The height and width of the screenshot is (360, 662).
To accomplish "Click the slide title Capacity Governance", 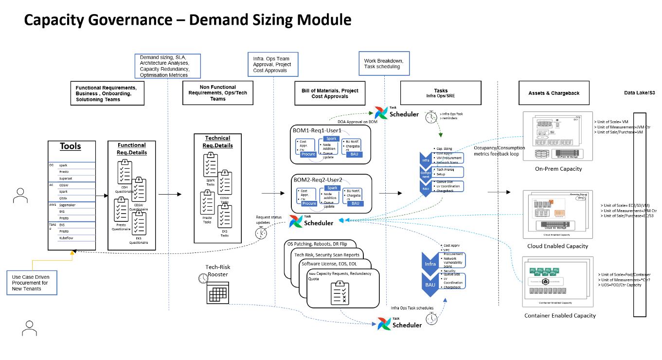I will pyautogui.click(x=187, y=20).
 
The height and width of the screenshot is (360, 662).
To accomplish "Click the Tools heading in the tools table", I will pyautogui.click(x=71, y=146).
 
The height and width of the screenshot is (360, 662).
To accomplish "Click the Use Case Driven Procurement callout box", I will pyautogui.click(x=32, y=283).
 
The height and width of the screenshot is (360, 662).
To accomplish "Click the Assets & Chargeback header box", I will pyautogui.click(x=554, y=93).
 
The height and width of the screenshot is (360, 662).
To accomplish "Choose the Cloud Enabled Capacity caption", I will pyautogui.click(x=557, y=246).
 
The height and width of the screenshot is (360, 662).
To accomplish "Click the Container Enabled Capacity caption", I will pyautogui.click(x=560, y=316).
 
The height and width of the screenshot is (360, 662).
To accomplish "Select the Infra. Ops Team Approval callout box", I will pyautogui.click(x=271, y=65).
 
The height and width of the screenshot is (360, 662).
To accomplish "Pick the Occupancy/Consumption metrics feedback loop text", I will pyautogui.click(x=499, y=151).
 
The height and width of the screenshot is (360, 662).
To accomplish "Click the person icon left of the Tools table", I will pyautogui.click(x=20, y=196).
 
